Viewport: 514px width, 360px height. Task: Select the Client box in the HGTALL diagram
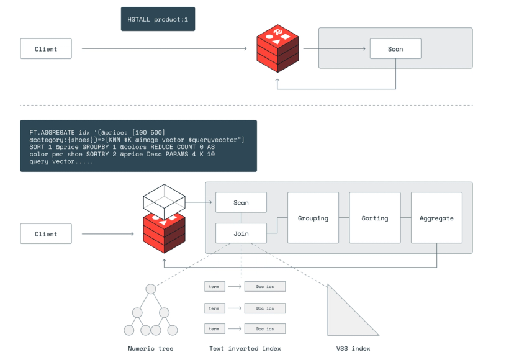(46, 49)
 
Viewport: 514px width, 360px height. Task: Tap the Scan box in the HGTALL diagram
(395, 49)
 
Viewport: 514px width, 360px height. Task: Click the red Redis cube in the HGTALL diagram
(277, 49)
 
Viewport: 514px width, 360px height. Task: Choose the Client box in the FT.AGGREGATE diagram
(46, 234)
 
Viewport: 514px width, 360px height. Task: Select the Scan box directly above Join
(241, 202)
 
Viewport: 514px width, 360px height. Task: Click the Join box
(241, 234)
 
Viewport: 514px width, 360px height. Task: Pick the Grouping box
(313, 218)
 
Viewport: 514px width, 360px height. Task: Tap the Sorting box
(374, 218)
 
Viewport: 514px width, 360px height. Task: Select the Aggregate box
(436, 218)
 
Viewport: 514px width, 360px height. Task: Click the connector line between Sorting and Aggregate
(405, 218)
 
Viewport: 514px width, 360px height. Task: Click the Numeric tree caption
(150, 348)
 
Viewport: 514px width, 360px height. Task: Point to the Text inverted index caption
(245, 348)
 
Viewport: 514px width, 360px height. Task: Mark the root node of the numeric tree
(150, 289)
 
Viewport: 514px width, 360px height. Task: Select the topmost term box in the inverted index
(214, 287)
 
